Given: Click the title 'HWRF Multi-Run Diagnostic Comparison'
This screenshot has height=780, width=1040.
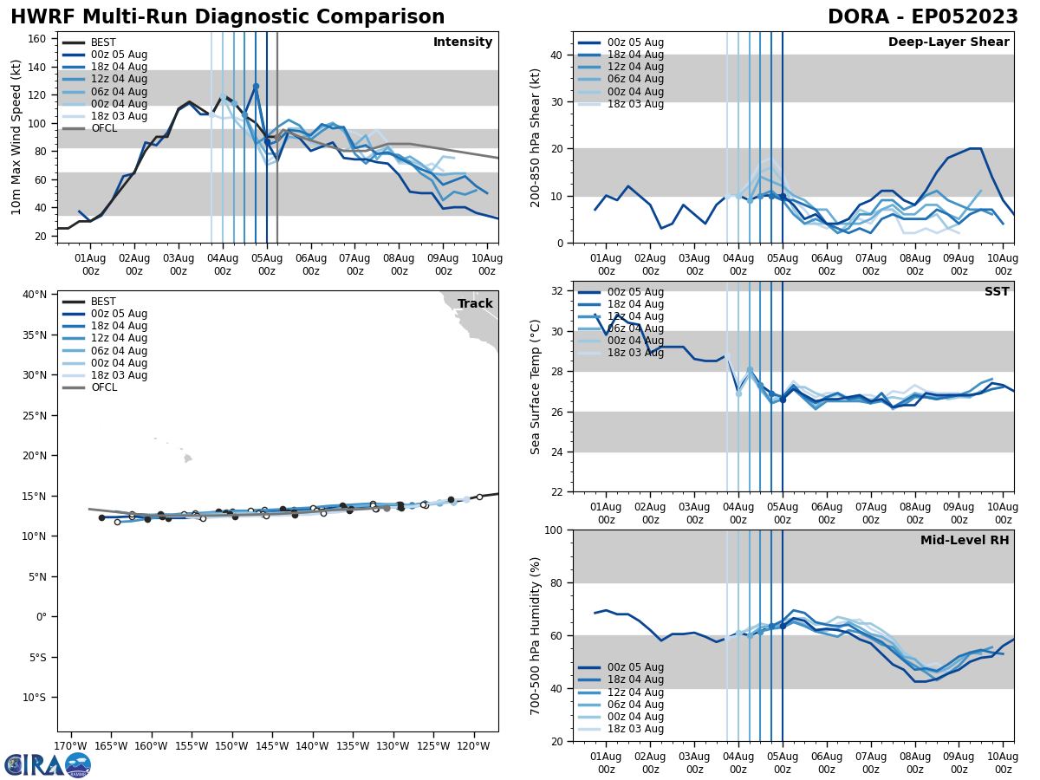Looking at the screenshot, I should [x=227, y=17].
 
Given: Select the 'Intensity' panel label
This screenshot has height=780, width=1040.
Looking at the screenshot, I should [x=463, y=42].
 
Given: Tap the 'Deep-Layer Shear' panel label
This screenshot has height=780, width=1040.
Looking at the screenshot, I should [x=948, y=42].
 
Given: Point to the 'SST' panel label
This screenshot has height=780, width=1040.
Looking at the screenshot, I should [x=996, y=292].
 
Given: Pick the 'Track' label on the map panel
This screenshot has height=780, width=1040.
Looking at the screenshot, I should [x=475, y=304].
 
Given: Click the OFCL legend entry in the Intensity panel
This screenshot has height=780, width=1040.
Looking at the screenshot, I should [x=104, y=128].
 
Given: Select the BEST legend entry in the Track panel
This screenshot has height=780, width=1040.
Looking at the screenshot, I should [x=103, y=302].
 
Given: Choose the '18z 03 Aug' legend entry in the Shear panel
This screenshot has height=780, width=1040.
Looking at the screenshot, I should [x=635, y=104].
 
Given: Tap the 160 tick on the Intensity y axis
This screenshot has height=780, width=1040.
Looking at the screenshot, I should [x=38, y=39].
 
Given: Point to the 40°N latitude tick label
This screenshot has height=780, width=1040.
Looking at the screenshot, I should [x=35, y=295].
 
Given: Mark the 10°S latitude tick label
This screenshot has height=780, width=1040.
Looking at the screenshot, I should [x=35, y=698].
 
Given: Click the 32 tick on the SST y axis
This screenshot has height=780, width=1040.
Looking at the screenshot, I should [x=559, y=291].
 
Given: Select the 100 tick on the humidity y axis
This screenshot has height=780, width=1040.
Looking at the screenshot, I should [x=556, y=530].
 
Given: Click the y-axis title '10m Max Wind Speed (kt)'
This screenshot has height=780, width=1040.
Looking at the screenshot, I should [x=16, y=137].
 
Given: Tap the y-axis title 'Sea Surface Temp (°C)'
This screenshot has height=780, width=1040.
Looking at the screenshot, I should [x=536, y=387].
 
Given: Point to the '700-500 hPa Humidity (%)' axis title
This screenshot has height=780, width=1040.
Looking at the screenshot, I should [x=536, y=635].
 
